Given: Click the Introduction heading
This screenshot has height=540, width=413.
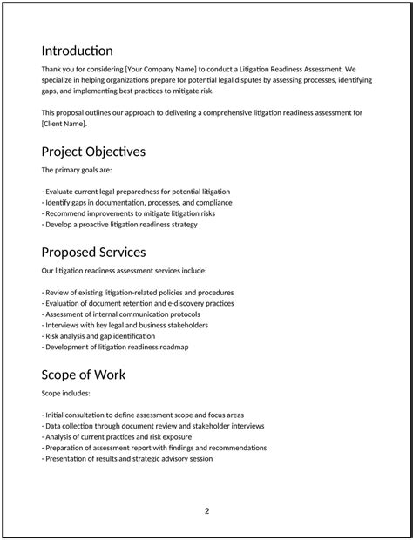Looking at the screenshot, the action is (77, 51).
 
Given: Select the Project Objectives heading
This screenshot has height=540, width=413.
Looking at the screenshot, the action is (93, 152).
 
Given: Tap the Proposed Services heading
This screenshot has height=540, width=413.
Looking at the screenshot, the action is (93, 252).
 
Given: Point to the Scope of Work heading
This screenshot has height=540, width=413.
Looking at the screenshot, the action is (84, 375).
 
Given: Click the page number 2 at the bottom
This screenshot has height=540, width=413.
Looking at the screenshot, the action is (206, 510).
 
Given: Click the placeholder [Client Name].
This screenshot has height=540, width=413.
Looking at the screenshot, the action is (64, 123).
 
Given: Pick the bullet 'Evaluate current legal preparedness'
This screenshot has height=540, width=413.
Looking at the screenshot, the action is (136, 191).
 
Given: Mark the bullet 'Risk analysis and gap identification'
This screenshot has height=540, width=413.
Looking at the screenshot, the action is (98, 335).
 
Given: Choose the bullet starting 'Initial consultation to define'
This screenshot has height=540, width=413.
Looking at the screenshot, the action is (143, 415).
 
